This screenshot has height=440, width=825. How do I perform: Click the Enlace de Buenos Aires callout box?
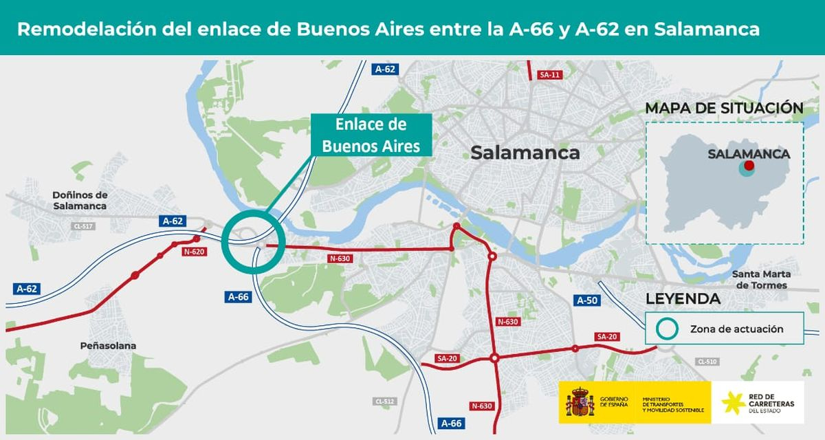pyautogui.click(x=371, y=135)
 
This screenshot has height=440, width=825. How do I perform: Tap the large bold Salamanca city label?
pyautogui.click(x=525, y=153)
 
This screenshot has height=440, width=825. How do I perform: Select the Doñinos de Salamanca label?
pyautogui.click(x=80, y=200)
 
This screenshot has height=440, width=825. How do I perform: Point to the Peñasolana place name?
pyautogui.click(x=108, y=346)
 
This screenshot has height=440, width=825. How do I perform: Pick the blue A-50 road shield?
pyautogui.click(x=587, y=300)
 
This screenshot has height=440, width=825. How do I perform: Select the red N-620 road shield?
pyautogui.click(x=194, y=252)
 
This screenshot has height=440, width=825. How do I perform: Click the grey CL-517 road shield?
pyautogui.click(x=83, y=225)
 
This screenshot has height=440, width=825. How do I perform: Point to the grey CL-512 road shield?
pyautogui.click(x=384, y=401)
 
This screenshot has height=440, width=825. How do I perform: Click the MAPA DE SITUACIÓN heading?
pyautogui.click(x=724, y=108)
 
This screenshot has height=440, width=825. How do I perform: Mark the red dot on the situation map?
pyautogui.click(x=749, y=166)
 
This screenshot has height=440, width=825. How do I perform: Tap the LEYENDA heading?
pyautogui.click(x=683, y=298)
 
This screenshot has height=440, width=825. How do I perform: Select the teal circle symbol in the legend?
pyautogui.click(x=666, y=329)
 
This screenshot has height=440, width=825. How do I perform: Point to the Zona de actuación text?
pyautogui.click(x=736, y=329)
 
